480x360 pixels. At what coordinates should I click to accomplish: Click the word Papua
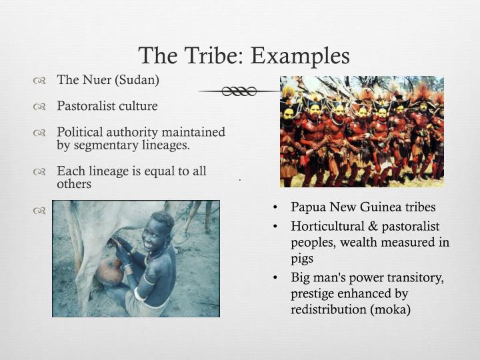coord(309,207)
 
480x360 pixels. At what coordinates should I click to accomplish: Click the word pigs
coord(302,258)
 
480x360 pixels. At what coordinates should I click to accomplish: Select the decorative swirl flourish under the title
coord(238,91)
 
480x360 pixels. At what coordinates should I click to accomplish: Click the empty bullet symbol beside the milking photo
coord(39,211)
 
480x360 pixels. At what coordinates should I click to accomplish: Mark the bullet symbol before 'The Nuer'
coord(39,81)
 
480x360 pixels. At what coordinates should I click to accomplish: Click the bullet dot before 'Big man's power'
coord(275,277)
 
